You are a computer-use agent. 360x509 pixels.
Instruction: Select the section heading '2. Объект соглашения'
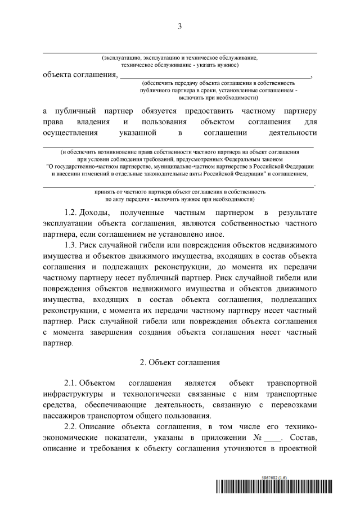(x=179, y=363)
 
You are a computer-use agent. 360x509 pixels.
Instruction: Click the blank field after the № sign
(x=271, y=438)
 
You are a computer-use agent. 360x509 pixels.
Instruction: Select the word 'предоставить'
(x=210, y=111)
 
